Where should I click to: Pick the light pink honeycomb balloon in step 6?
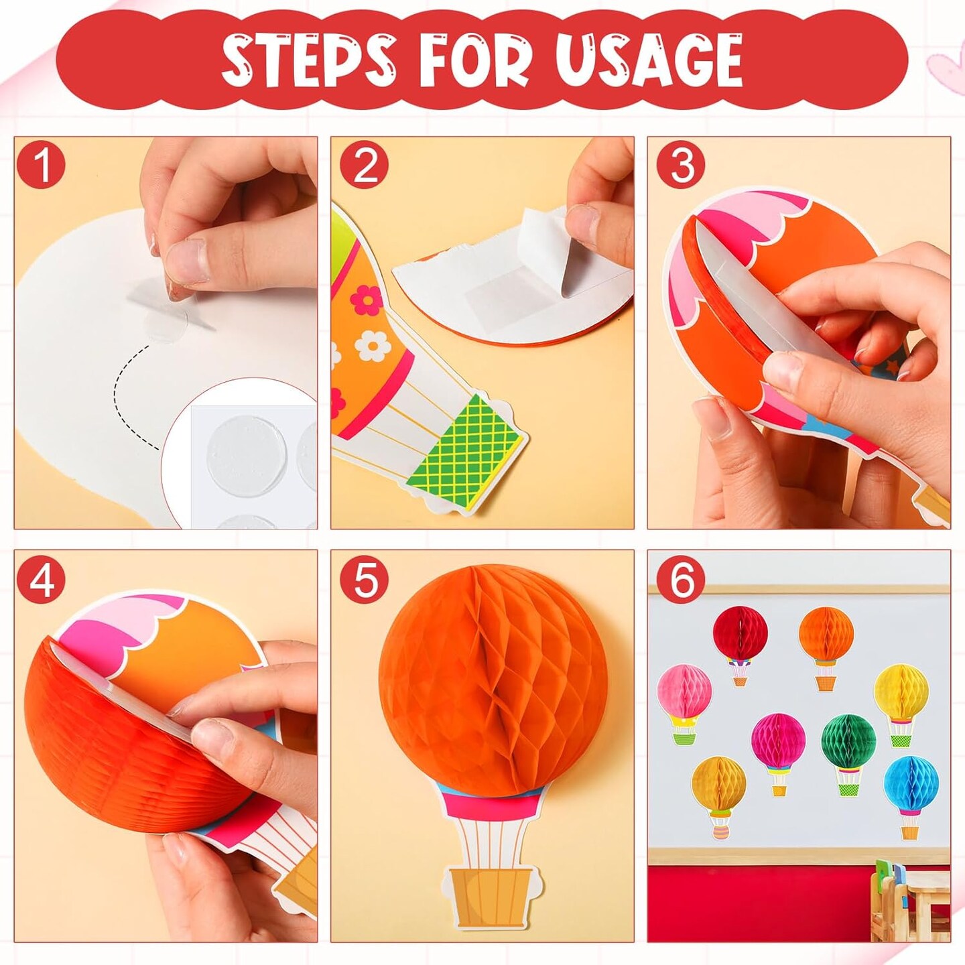point(684,690)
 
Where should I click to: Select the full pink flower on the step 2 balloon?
point(366,302)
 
